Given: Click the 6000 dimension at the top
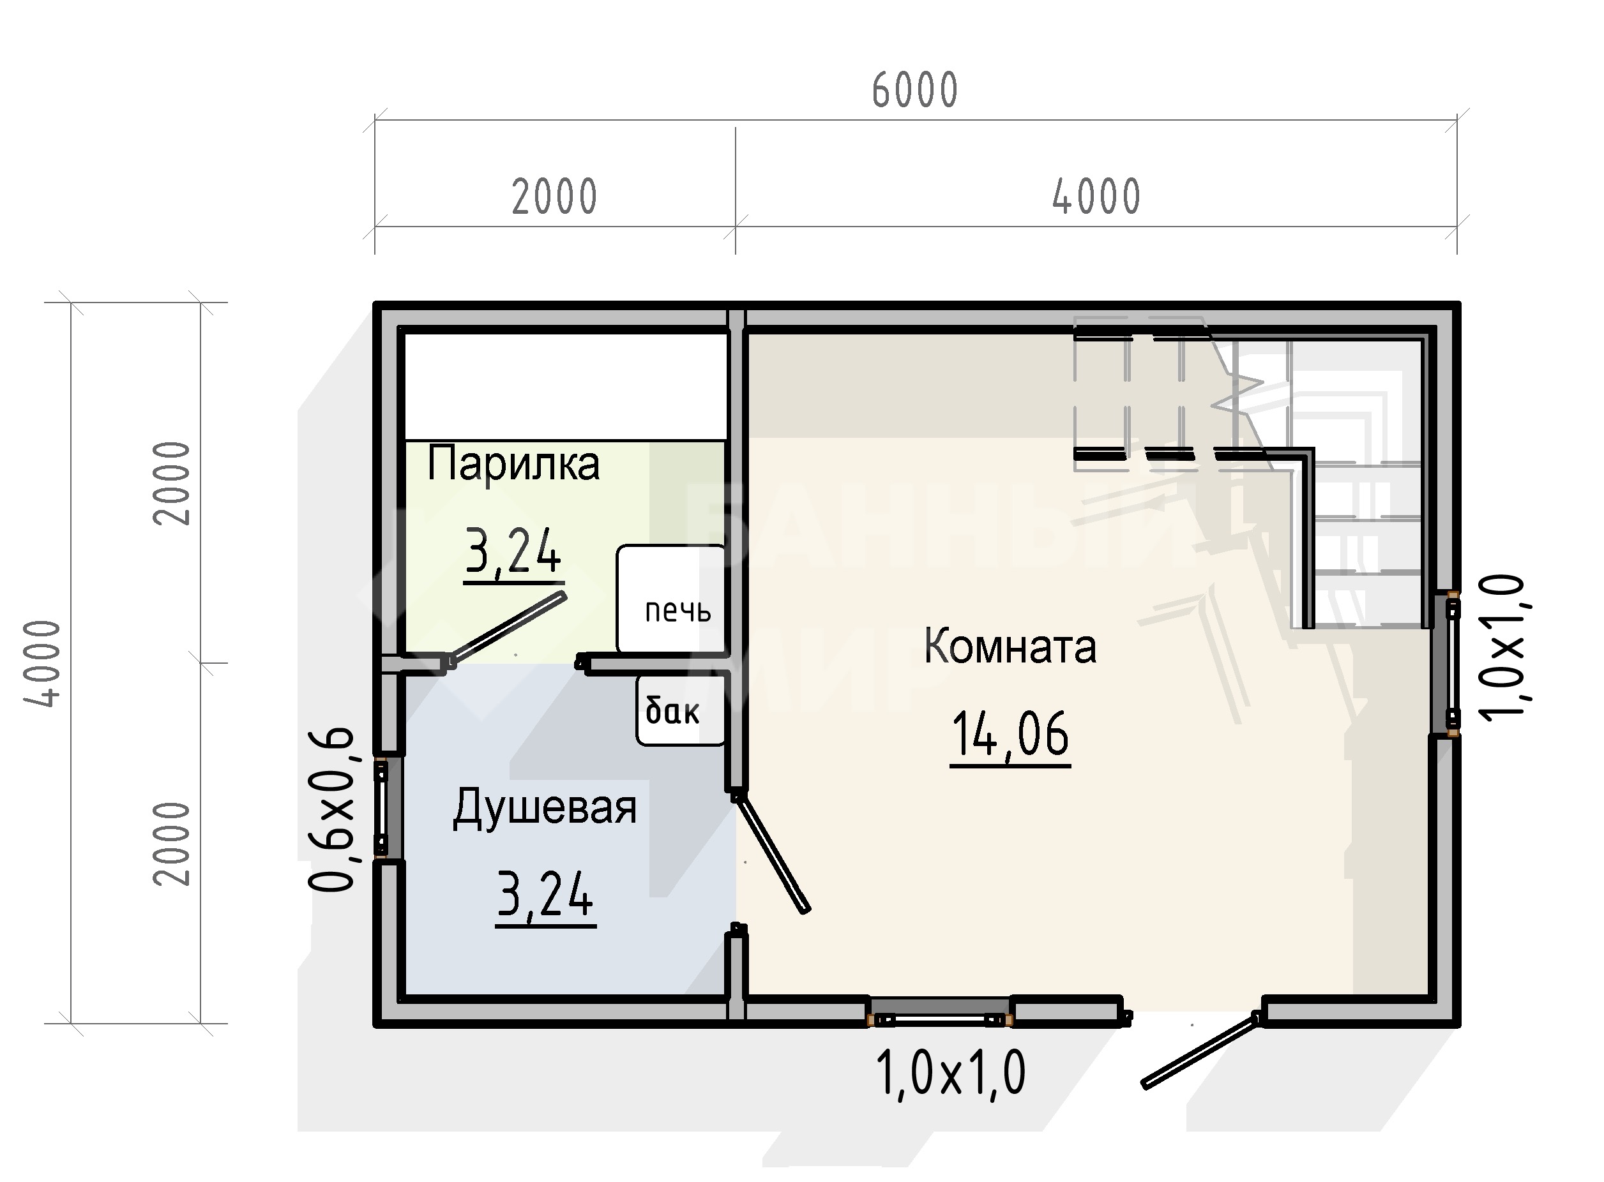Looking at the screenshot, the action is point(915,91).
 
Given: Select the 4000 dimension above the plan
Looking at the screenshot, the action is point(1096,197).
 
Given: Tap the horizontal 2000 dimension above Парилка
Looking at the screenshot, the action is point(555,197).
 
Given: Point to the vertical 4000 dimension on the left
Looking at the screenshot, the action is point(42,663).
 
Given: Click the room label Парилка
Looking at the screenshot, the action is point(513,463).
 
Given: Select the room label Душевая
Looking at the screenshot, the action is point(545,809).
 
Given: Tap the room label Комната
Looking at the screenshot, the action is point(1010,646).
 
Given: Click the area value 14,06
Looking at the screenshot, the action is point(1010,734).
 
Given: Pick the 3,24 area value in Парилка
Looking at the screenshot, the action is point(513,551).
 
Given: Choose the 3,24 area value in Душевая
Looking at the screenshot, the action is point(545,894).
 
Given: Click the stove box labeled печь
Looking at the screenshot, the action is point(671,599).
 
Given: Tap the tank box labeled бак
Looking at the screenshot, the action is point(681,710).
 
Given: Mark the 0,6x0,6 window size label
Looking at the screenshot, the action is point(331,810).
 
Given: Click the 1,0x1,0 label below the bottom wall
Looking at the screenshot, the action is point(951,1072).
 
